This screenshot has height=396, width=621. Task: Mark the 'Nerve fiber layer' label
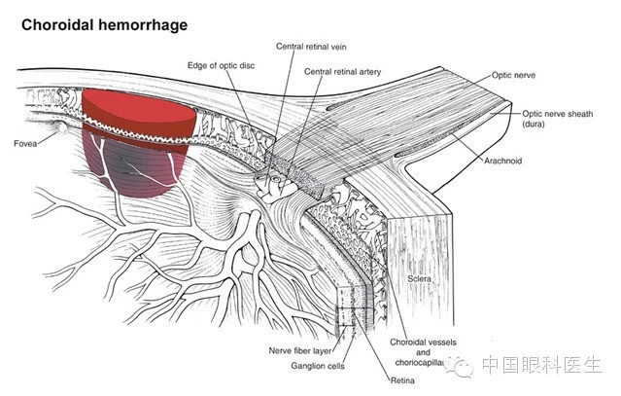297,348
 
